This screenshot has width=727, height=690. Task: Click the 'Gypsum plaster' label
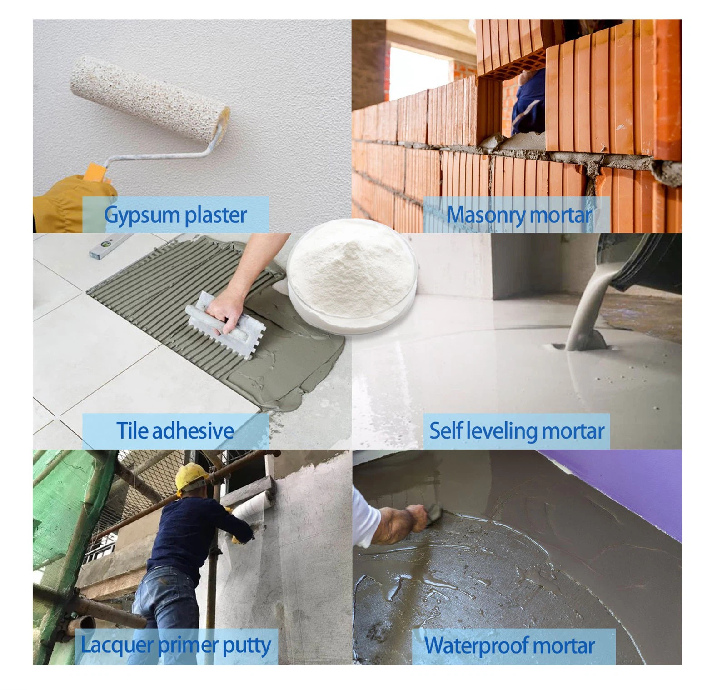tap(175, 215)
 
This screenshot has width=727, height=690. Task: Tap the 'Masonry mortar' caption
tap(519, 215)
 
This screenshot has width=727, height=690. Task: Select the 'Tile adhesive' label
tap(175, 430)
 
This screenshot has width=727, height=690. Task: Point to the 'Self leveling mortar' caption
tap(517, 431)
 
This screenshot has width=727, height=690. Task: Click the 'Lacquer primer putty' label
tap(176, 645)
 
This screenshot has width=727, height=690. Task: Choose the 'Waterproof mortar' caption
tap(509, 645)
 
